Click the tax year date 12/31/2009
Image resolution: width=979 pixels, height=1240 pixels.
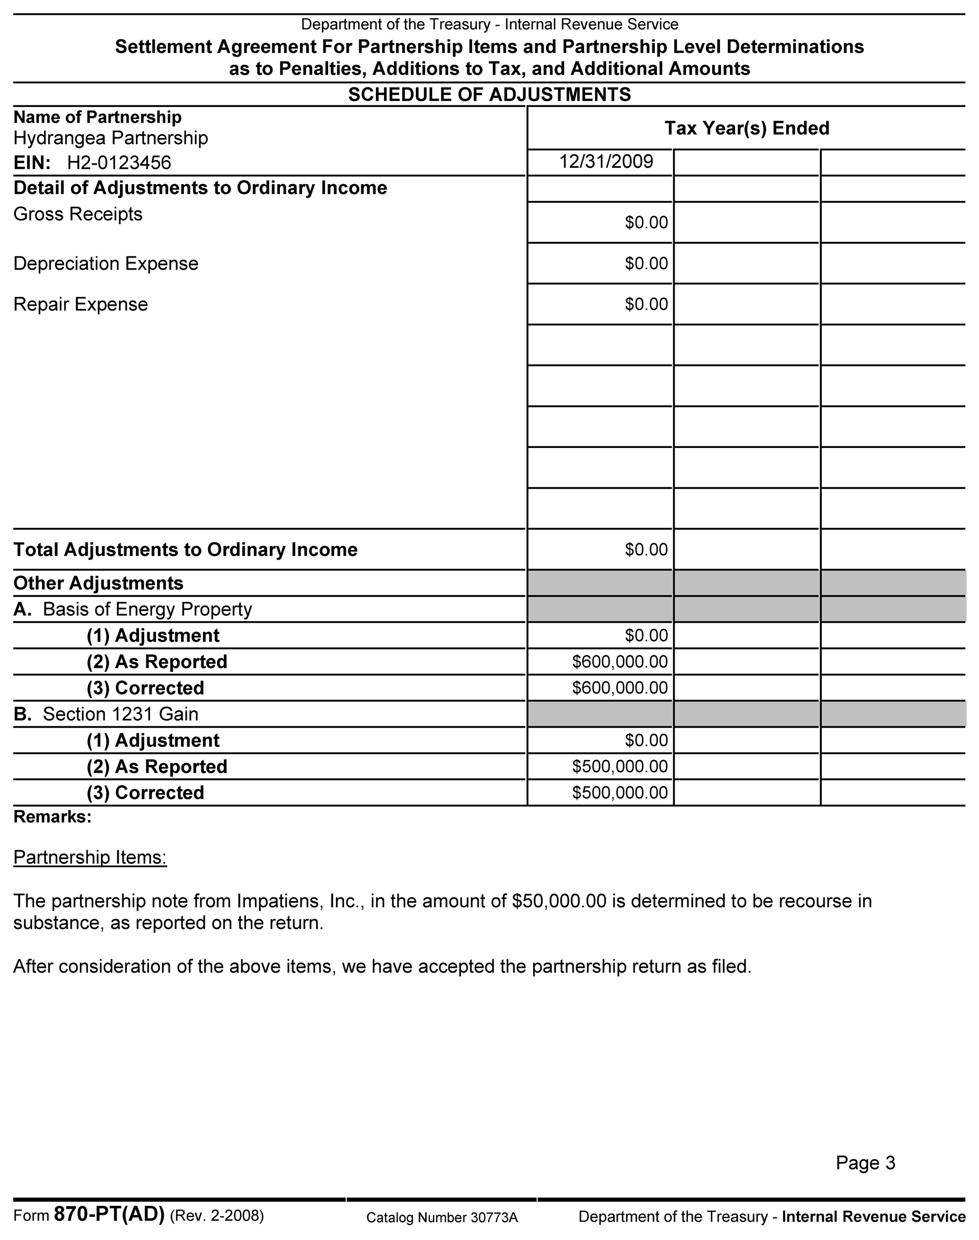point(606,162)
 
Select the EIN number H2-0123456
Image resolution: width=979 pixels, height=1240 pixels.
point(119,163)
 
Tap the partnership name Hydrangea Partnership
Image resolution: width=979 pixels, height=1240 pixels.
point(111,138)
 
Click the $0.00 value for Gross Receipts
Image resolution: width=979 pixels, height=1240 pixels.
point(646,222)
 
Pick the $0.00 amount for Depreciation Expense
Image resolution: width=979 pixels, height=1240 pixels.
point(646,264)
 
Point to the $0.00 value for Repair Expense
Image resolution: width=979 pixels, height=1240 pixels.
point(646,304)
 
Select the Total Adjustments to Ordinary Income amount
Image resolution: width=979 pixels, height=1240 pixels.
point(646,550)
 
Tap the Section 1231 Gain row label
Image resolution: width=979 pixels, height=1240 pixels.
point(121,714)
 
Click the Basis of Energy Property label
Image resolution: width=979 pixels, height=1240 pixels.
point(147,610)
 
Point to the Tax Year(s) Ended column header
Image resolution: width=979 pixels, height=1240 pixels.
point(746,128)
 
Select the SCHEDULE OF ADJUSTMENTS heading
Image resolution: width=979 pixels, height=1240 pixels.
point(490,94)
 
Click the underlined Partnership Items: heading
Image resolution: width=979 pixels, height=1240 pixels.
point(90,858)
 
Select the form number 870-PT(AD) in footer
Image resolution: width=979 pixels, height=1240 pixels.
point(109,1215)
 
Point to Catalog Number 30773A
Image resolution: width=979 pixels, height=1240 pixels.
point(442,1217)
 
